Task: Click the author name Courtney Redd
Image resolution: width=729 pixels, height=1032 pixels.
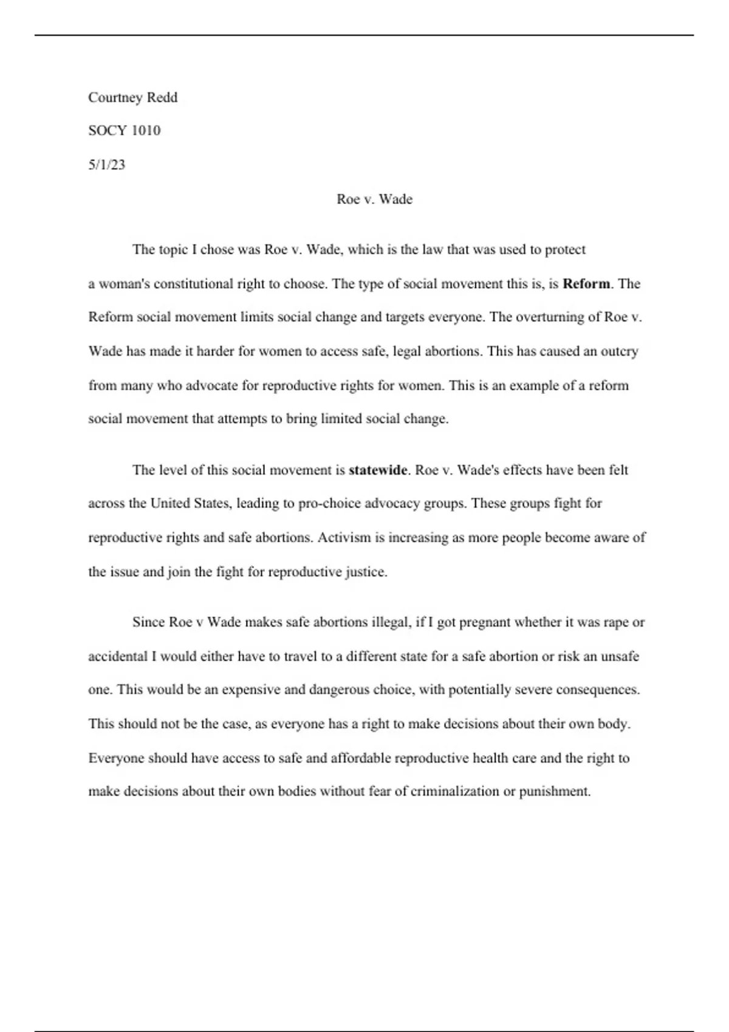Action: (132, 98)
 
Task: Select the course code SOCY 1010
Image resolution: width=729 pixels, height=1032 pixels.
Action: (124, 131)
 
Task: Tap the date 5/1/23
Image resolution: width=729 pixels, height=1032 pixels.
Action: (106, 165)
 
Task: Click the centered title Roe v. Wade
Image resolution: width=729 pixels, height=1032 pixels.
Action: (374, 199)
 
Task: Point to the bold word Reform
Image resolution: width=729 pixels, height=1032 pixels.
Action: (586, 283)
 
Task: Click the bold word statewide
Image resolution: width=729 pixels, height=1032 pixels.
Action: (377, 470)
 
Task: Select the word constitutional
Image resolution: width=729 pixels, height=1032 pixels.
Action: (193, 283)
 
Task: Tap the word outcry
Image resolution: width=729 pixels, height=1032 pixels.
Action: (619, 351)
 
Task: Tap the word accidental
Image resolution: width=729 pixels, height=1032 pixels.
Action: (118, 656)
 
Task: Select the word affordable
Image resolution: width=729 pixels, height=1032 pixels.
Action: (361, 758)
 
